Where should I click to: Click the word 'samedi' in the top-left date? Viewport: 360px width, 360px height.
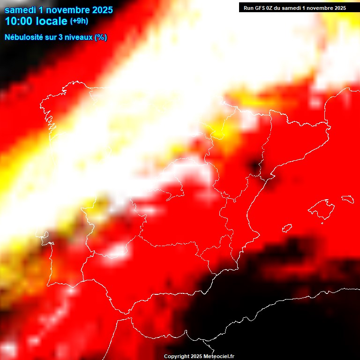[20, 9]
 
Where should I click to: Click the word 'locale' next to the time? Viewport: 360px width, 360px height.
[52, 21]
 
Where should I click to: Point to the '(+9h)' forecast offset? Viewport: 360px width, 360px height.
[79, 21]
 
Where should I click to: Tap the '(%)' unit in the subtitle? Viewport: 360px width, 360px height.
[101, 37]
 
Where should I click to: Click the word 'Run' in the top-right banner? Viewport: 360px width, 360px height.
[248, 8]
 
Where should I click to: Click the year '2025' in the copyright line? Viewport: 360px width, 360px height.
[196, 356]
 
